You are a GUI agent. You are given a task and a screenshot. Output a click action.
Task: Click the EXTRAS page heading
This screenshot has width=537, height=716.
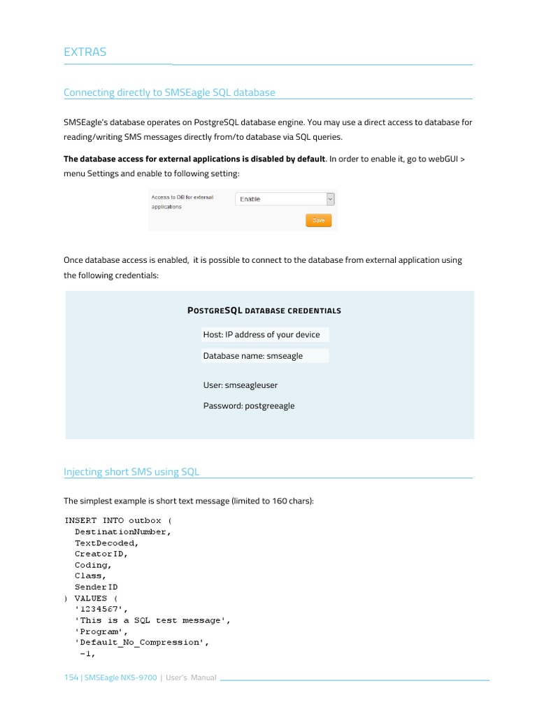[x=85, y=52]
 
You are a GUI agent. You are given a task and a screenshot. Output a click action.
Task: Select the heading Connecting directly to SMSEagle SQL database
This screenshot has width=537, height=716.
[x=169, y=92]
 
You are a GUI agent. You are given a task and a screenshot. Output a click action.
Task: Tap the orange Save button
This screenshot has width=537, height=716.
[x=318, y=220]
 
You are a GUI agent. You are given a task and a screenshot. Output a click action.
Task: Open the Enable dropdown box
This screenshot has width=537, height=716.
[x=285, y=199]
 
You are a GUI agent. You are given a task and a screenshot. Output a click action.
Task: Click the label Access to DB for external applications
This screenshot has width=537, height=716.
[x=182, y=202]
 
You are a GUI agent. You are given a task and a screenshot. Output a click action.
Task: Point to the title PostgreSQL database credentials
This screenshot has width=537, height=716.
[x=265, y=310]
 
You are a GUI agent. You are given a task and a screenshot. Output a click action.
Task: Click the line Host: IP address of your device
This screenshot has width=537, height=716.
[x=262, y=334]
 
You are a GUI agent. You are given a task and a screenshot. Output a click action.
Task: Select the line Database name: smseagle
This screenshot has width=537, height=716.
[x=253, y=356]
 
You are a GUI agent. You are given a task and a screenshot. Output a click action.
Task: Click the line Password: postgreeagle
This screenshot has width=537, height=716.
[x=249, y=406]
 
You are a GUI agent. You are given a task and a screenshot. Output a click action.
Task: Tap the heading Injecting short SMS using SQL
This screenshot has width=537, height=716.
[x=131, y=471]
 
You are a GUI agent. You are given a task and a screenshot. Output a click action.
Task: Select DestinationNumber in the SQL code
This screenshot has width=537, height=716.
[x=122, y=531]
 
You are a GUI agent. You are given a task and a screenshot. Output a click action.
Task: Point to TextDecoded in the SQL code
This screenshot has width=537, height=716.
[x=106, y=543]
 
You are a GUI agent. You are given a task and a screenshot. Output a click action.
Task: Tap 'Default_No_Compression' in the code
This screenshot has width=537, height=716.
[x=142, y=643]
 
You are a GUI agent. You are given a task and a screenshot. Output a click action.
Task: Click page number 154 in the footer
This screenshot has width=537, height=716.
[x=71, y=678]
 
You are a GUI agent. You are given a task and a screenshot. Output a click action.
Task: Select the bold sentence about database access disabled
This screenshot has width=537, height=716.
[x=194, y=159]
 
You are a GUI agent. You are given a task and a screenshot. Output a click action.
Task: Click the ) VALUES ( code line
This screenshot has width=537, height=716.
[x=91, y=598]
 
